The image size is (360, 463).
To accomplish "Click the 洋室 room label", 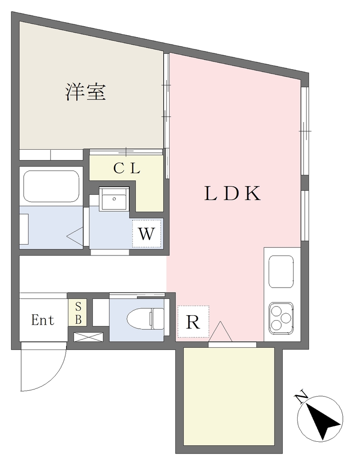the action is coord(85,92).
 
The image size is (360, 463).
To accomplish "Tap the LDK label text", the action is coord(233,194).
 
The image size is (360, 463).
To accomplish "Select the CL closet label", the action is coord(127,169).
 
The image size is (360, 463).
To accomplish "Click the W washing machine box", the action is coord(147,233).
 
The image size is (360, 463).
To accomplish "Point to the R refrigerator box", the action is coord(193,322).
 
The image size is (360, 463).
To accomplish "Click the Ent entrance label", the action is coord(43,320).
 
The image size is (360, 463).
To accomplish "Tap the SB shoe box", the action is coord(78,313).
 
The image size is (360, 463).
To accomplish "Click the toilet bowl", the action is coord(145,319).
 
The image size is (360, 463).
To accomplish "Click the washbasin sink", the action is coord(114,199).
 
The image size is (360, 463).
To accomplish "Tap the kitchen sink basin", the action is coord(281,272).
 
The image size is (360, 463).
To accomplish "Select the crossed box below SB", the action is coord(88,337).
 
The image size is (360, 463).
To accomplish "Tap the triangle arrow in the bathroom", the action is coord(75,236).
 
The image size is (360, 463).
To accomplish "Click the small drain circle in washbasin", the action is coord(114,199).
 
